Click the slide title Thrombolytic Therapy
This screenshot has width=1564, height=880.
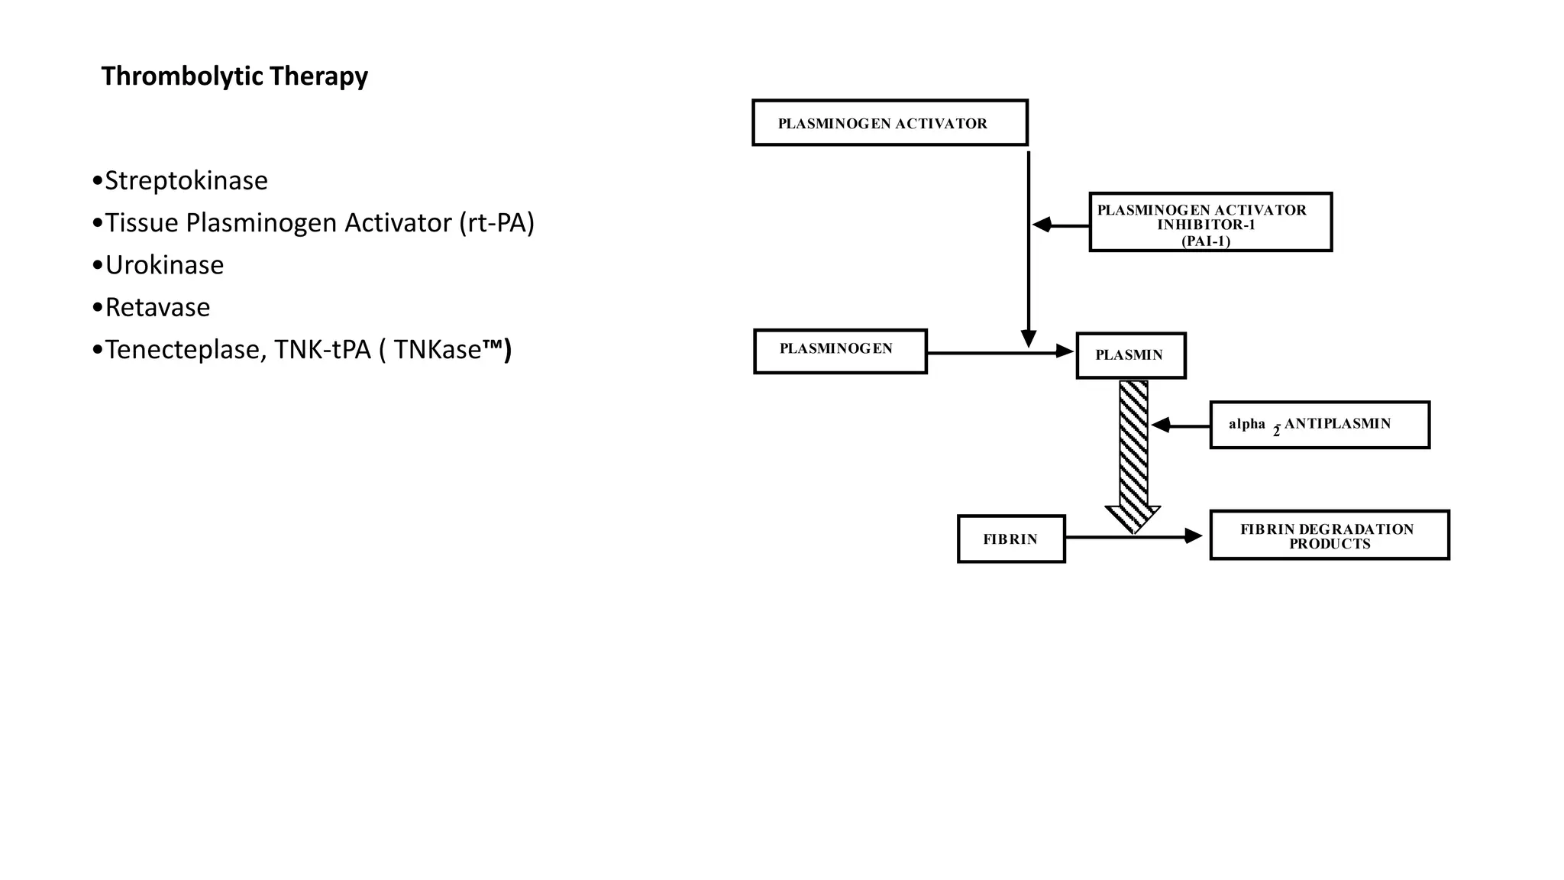coord(234,76)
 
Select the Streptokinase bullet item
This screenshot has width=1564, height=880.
coord(186,181)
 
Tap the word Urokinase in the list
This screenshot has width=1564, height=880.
coord(164,265)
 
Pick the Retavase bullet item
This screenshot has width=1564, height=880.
coord(157,307)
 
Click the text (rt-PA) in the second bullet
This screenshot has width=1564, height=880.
coord(496,223)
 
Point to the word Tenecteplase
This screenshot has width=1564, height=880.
coord(184,349)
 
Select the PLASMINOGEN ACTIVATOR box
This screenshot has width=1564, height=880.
coord(890,123)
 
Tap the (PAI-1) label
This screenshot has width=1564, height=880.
coord(1206,241)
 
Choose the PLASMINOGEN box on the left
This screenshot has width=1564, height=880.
coord(840,351)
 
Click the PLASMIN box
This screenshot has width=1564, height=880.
coord(1130,355)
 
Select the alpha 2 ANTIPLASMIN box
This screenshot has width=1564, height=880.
coord(1319,425)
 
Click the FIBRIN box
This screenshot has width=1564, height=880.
coord(1010,539)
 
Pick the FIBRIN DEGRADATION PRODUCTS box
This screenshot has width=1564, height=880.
coord(1329,535)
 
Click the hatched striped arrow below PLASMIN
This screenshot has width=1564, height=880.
coord(1133,451)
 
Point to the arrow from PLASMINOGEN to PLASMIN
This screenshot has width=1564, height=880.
coord(993,352)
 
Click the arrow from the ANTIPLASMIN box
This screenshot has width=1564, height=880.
coord(1181,425)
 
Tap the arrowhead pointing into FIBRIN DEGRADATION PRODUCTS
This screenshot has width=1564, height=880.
coord(1193,537)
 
